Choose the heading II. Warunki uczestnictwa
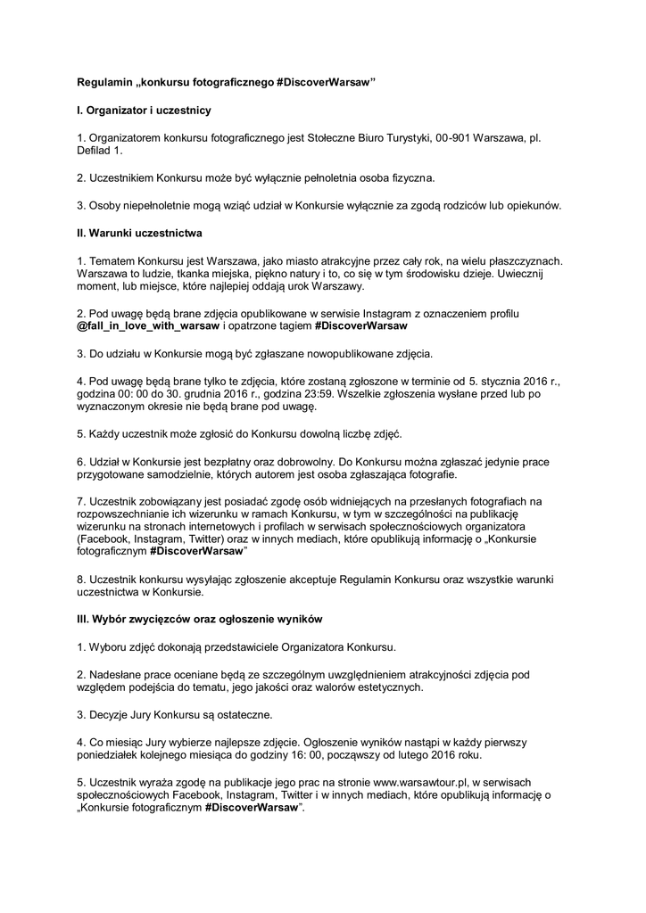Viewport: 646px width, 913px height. coord(140,234)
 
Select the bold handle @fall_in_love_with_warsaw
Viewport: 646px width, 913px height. coord(148,326)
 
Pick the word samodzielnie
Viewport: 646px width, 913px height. coord(171,475)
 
